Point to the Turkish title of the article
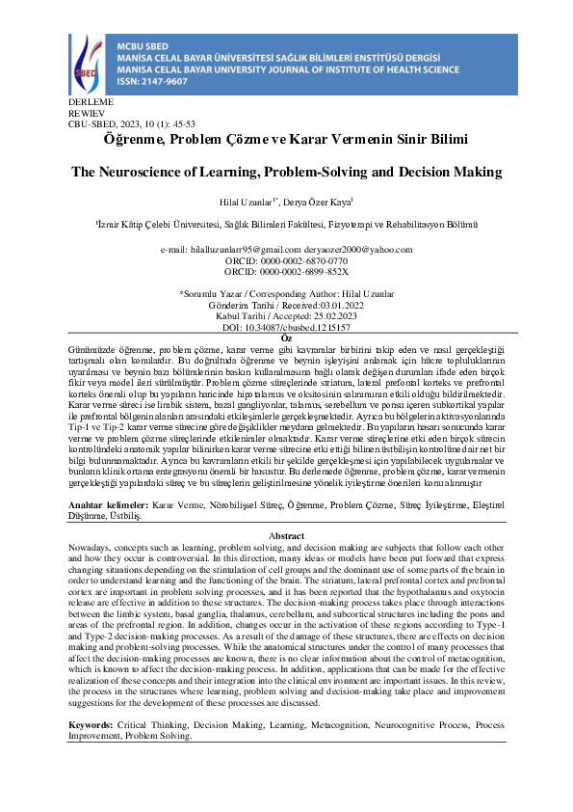click(285, 139)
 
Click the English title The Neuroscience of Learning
click(287, 173)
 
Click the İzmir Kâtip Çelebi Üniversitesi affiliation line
click(286, 224)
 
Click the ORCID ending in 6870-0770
click(286, 260)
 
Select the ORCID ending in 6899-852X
click(286, 271)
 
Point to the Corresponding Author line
click(286, 292)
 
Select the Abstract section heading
click(286, 536)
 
